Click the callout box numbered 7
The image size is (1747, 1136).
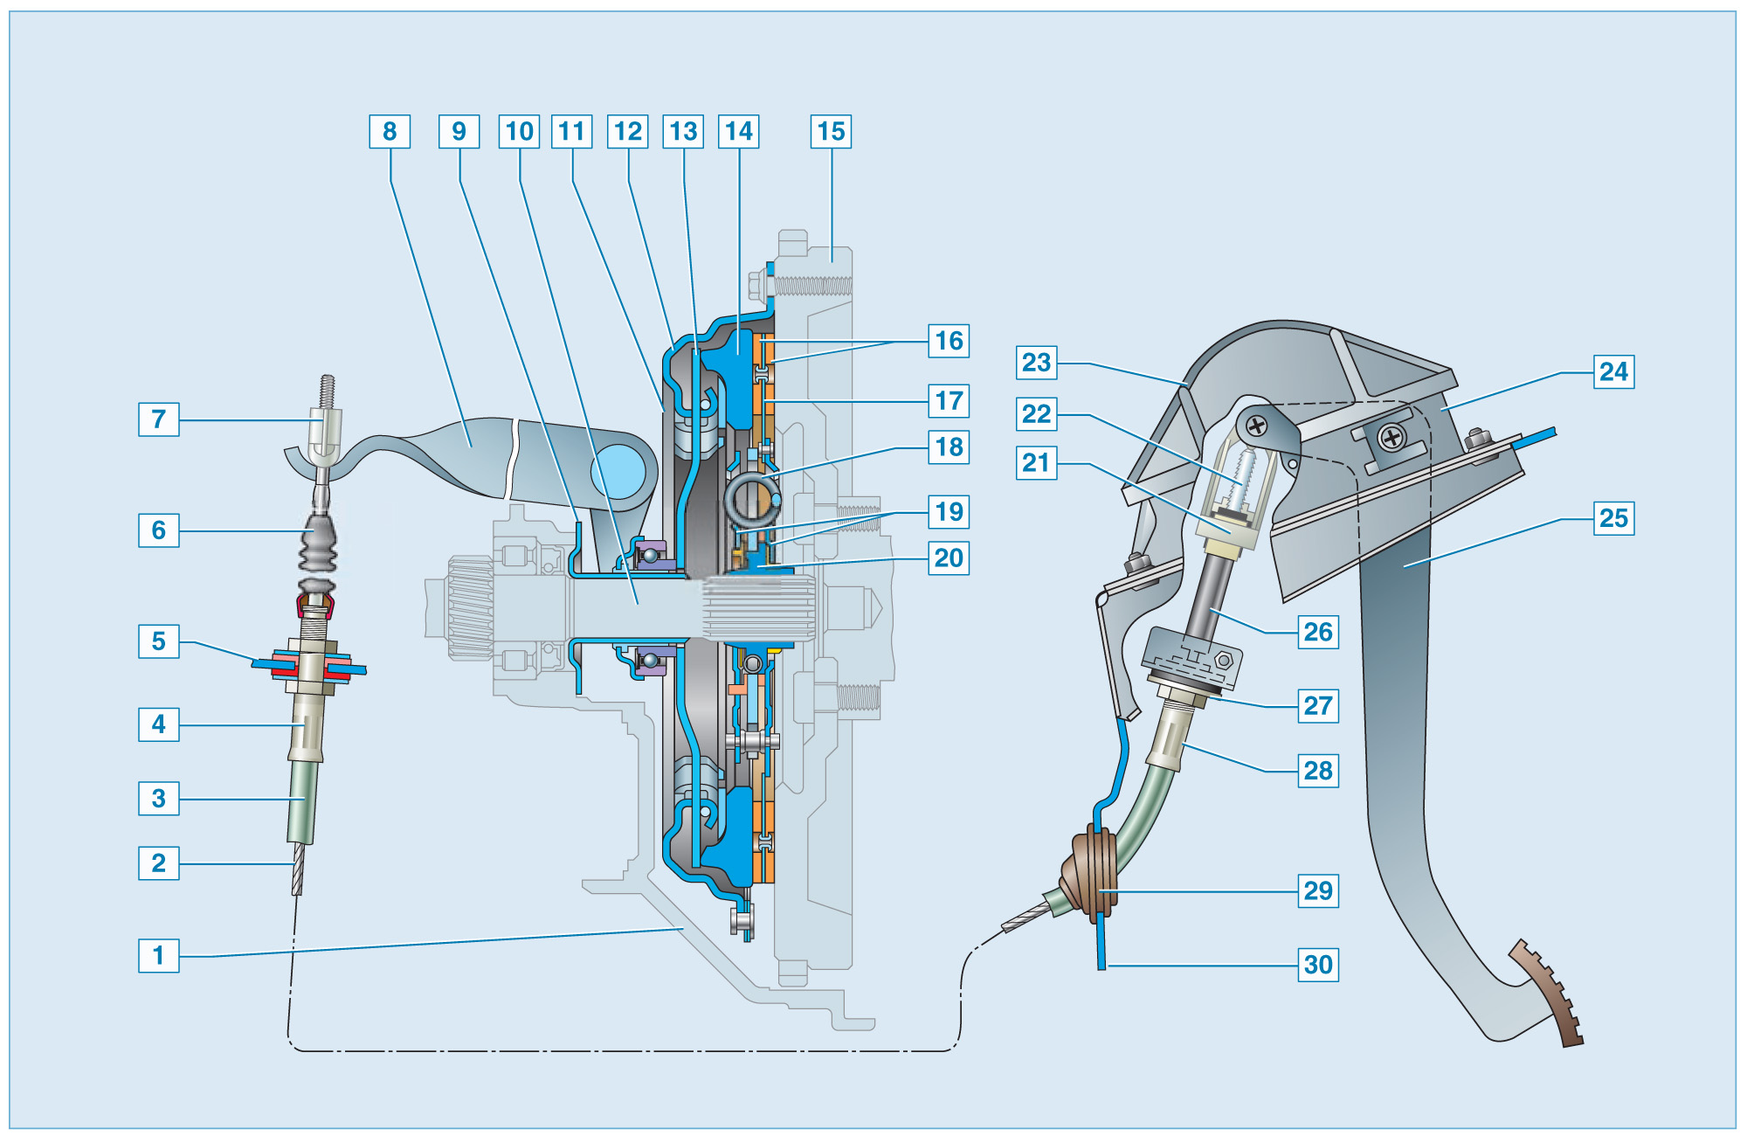point(158,419)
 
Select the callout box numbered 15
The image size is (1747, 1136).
point(831,132)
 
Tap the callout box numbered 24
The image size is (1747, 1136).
point(1613,372)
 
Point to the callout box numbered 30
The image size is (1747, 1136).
point(1318,965)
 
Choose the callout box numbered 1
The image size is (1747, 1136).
point(158,955)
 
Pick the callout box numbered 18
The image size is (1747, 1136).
point(949,447)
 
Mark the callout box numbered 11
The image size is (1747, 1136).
point(571,132)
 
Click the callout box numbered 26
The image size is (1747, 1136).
point(1318,632)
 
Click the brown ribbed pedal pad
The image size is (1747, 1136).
point(1550,992)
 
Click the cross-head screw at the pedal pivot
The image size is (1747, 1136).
point(1256,426)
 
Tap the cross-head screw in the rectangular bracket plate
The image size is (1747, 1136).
point(1391,437)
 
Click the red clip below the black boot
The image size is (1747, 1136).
point(314,605)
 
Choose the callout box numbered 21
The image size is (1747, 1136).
point(1037,462)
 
